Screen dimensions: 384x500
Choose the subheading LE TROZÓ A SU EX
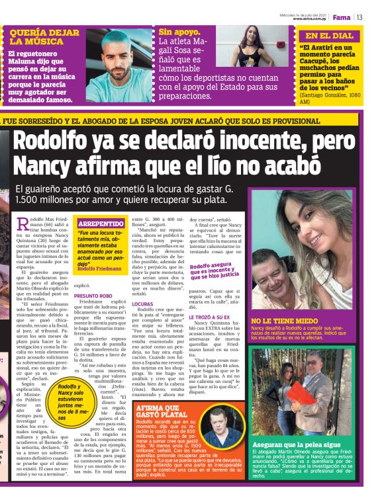[x=213, y=317]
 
